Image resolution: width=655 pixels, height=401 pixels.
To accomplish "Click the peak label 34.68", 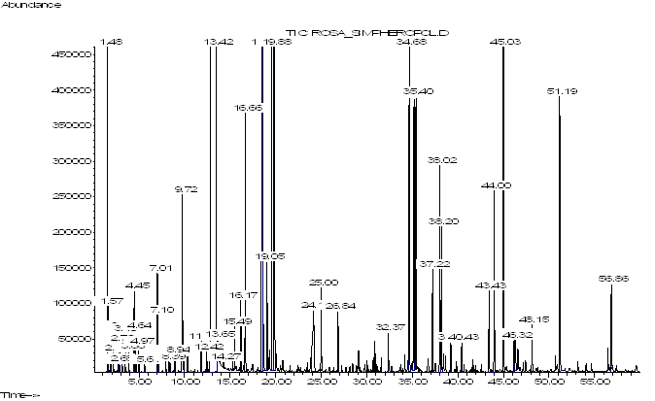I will tap(410, 42).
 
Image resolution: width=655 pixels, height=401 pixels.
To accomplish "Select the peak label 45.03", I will tap(504, 42).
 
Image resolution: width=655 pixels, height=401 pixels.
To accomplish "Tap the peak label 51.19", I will tap(562, 91).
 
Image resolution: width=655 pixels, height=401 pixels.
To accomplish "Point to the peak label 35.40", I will tap(417, 91).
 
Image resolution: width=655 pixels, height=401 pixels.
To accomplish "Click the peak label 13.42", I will tap(217, 42).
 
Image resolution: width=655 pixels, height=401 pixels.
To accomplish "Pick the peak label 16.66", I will tap(246, 108).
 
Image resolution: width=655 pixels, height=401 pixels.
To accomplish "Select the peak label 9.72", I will tap(183, 189).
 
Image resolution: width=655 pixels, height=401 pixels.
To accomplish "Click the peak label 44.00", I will tap(495, 185).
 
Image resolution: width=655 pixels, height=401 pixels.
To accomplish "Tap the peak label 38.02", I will tap(440, 160).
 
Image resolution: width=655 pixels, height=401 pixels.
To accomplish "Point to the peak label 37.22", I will tap(433, 264).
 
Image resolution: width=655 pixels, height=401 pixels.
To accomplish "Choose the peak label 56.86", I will tap(613, 279).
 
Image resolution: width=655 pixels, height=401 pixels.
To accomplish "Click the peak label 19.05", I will tap(268, 256).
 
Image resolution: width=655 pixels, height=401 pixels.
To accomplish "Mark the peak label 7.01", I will tap(157, 268).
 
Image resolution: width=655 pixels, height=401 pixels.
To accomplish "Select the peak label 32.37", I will tap(389, 327).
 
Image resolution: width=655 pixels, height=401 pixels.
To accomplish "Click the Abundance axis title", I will tap(31, 5).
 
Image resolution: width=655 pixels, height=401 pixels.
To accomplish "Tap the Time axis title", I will tap(20, 395).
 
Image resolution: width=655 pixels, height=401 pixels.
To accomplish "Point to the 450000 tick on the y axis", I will tap(72, 54).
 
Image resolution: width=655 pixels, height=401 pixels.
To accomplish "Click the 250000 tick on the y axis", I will tap(72, 196).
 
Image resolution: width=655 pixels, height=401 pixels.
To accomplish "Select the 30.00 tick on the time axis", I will tap(367, 382).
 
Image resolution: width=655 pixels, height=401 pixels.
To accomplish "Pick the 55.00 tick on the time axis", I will tap(595, 382).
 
